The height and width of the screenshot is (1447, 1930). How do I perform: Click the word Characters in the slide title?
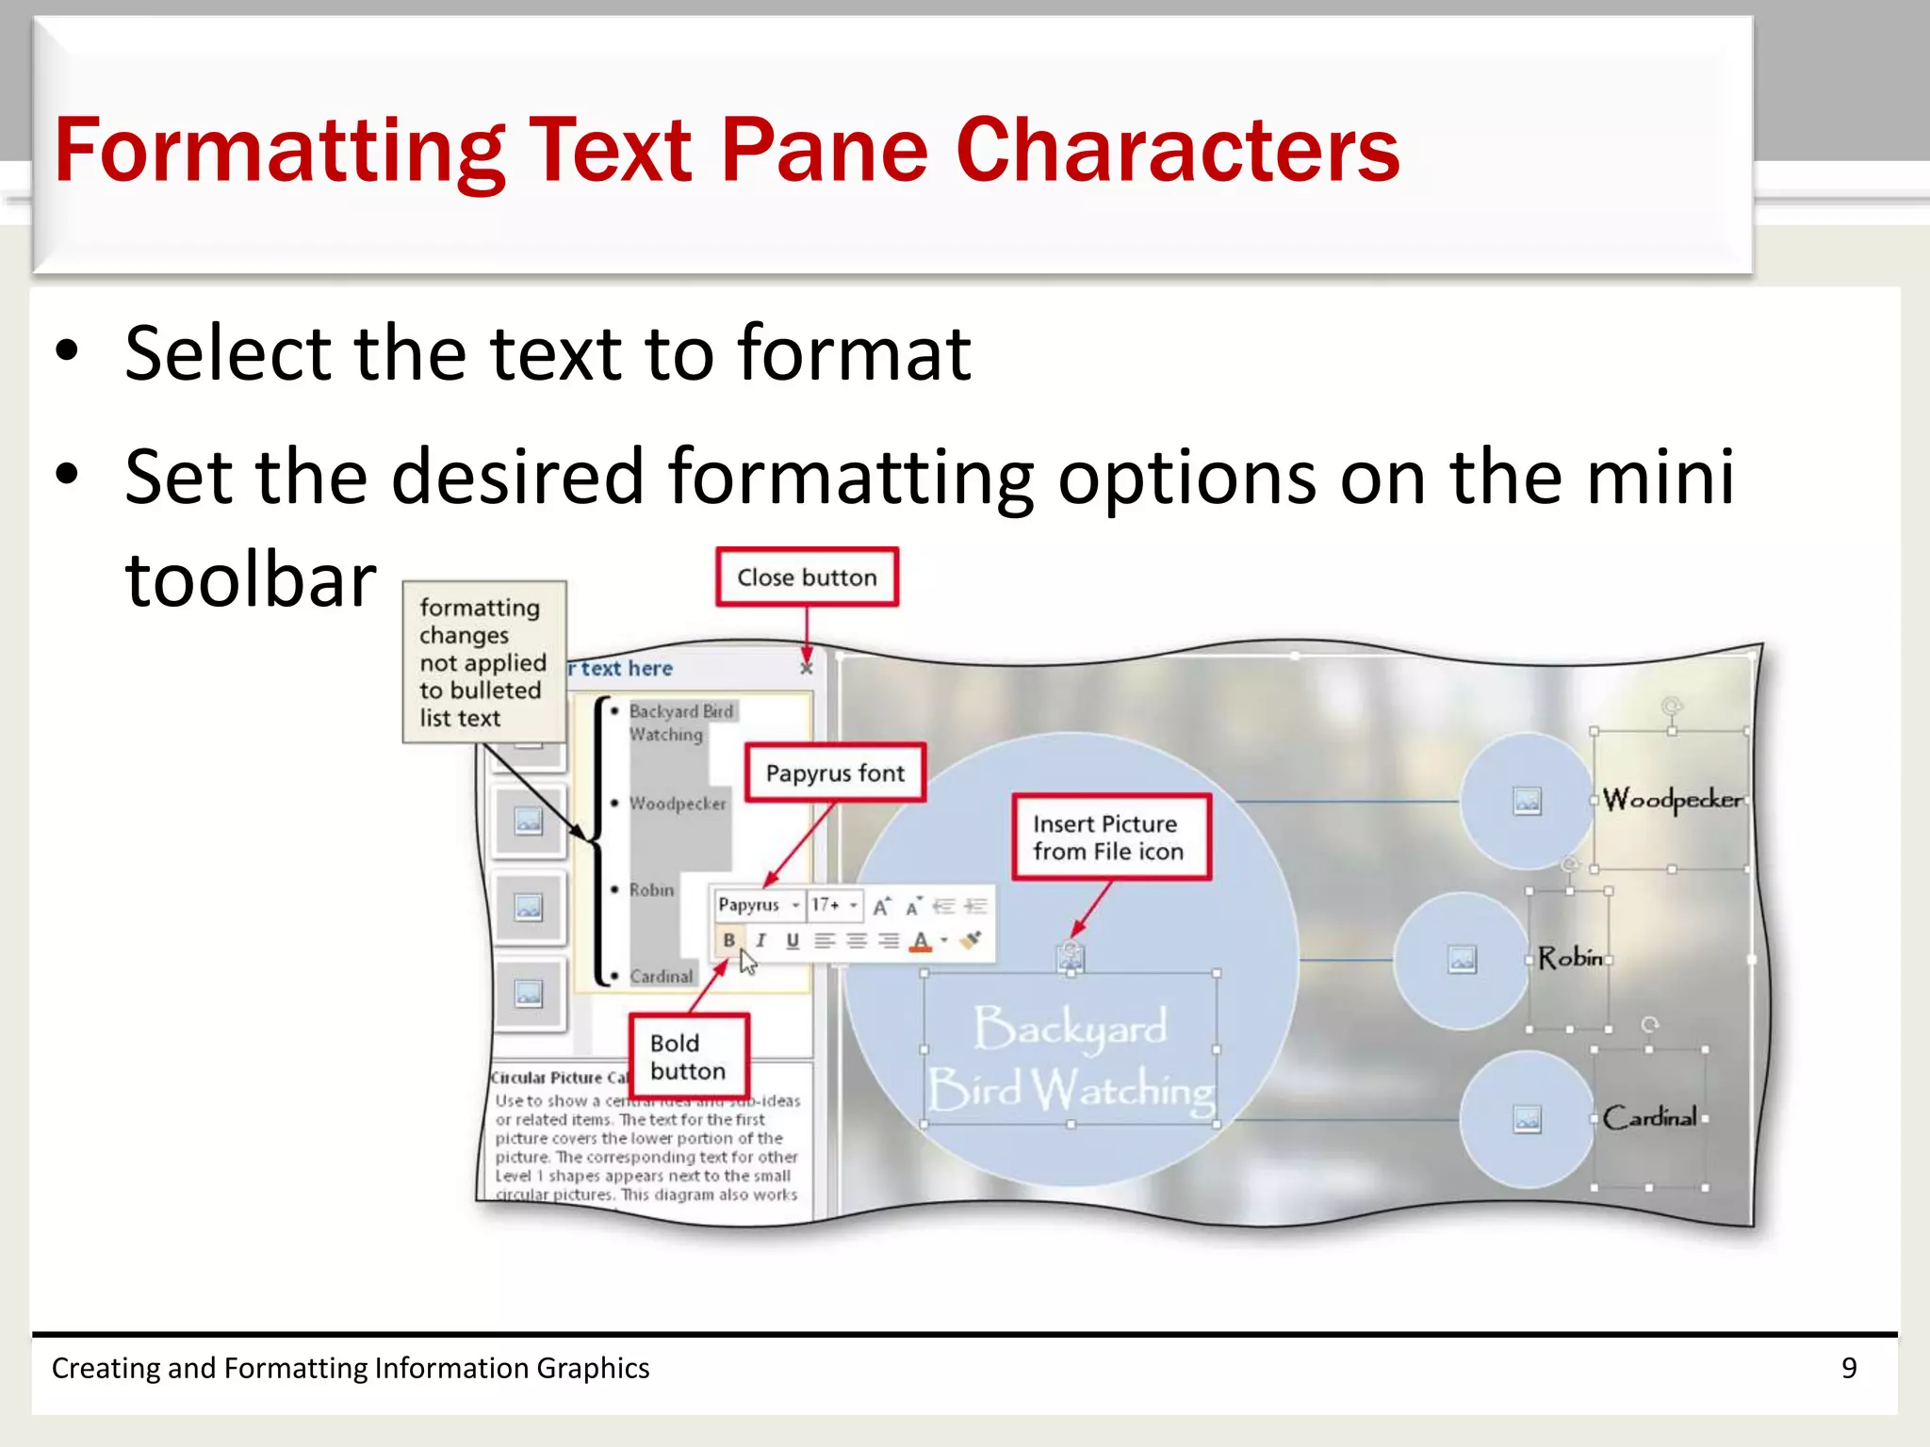pyautogui.click(x=1177, y=151)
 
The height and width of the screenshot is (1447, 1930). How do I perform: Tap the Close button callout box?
pyautogui.click(x=807, y=577)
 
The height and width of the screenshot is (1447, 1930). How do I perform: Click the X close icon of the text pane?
pyautogui.click(x=807, y=668)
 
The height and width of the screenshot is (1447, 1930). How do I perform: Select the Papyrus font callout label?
pyautogui.click(x=835, y=773)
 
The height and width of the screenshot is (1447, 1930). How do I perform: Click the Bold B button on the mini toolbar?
pyautogui.click(x=728, y=940)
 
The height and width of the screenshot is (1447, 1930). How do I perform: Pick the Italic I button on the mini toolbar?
pyautogui.click(x=761, y=940)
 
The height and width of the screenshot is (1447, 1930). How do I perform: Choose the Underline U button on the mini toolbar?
pyautogui.click(x=793, y=940)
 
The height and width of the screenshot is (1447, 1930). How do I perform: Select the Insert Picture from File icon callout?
pyautogui.click(x=1110, y=837)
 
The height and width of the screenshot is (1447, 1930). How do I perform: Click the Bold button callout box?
pyautogui.click(x=688, y=1057)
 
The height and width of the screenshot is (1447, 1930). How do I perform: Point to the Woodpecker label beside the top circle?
pyautogui.click(x=1672, y=800)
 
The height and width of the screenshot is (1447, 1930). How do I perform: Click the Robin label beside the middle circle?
pyautogui.click(x=1570, y=958)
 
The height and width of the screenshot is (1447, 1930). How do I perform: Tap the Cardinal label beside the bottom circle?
pyautogui.click(x=1650, y=1117)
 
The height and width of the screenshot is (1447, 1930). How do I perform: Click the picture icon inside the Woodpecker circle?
pyautogui.click(x=1527, y=801)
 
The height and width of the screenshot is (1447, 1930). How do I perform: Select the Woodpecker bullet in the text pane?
pyautogui.click(x=678, y=804)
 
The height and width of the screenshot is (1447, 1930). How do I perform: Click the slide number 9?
pyautogui.click(x=1849, y=1368)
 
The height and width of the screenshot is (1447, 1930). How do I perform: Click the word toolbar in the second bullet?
pyautogui.click(x=251, y=579)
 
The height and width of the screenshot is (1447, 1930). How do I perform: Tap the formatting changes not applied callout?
pyautogui.click(x=483, y=662)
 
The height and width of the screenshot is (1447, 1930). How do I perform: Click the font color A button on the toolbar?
pyautogui.click(x=921, y=940)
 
